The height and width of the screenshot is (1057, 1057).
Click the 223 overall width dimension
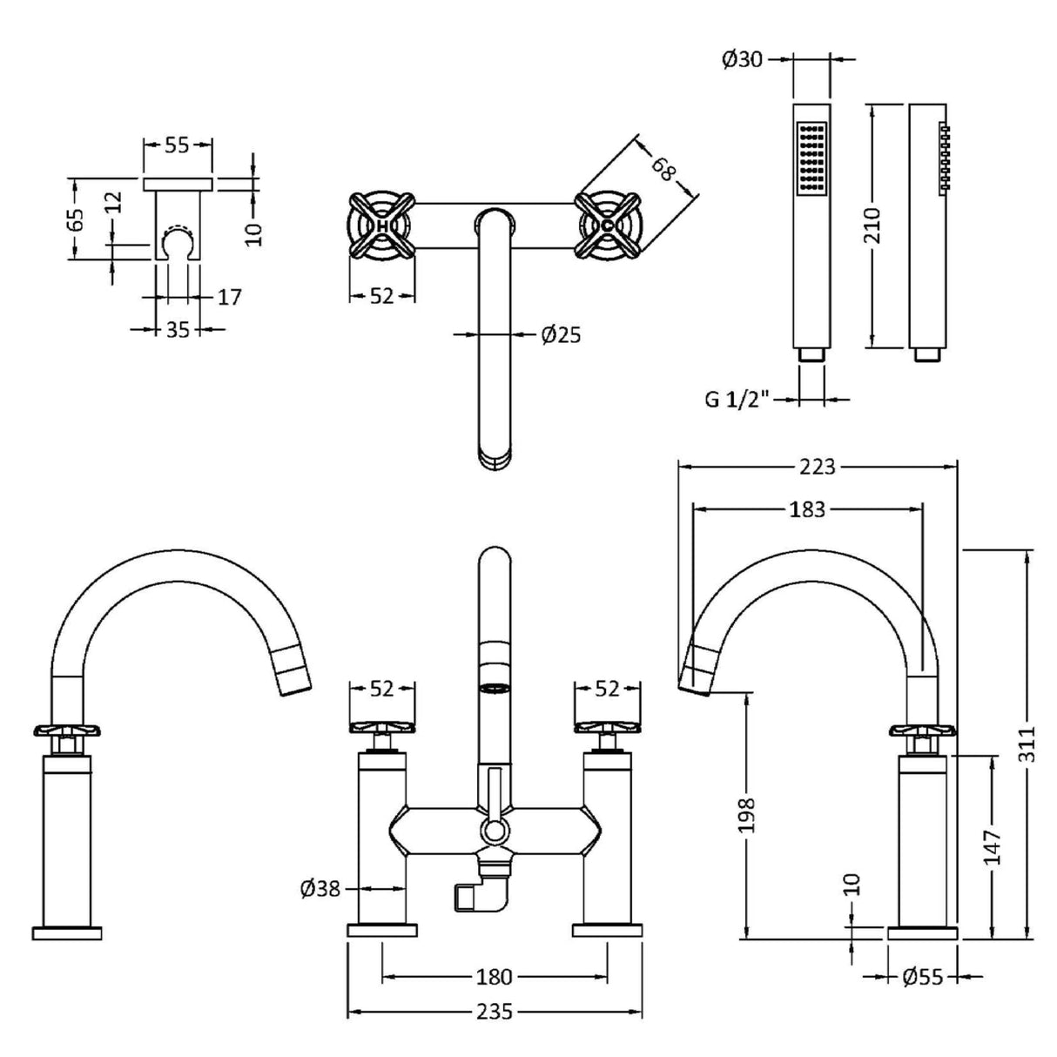coord(817,467)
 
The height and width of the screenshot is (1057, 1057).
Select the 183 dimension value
coord(806,509)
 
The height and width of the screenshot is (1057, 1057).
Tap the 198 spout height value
coord(746,815)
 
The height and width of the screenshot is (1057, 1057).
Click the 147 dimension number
coord(993,846)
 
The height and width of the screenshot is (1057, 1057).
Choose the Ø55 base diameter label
coord(922,978)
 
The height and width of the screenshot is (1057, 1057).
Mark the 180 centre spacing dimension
coord(494,977)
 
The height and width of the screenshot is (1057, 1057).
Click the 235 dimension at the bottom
coord(494,1013)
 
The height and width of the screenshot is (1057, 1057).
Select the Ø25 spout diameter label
coord(560,334)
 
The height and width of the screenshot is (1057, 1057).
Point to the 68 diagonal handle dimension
coord(663,167)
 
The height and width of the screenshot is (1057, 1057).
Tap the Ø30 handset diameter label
coord(743,59)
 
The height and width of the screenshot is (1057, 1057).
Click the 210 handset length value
coord(873,226)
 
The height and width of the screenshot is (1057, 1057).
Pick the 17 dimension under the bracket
coord(228,297)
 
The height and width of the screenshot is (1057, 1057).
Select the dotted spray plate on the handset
coord(811,157)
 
